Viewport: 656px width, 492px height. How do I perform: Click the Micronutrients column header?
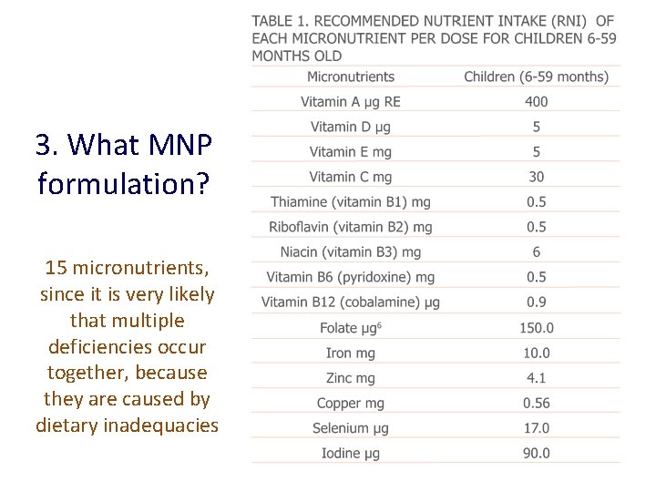click(351, 77)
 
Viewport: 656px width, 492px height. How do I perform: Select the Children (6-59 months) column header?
click(536, 77)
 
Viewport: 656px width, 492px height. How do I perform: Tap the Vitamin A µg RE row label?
click(351, 101)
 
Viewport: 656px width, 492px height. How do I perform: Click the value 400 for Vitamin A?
click(537, 101)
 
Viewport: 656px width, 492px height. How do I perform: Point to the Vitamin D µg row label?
click(351, 127)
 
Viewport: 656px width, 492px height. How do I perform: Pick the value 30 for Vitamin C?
click(537, 177)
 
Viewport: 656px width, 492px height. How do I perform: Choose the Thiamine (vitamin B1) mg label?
click(351, 202)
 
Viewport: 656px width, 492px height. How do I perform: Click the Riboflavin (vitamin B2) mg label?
click(351, 227)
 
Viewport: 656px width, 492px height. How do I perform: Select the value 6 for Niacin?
click(537, 252)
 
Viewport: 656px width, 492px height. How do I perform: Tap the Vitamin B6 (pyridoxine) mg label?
click(351, 277)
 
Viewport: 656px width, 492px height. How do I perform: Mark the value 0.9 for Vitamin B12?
click(537, 302)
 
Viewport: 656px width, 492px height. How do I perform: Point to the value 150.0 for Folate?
click(537, 328)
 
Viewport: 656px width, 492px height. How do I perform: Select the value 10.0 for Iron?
click(537, 353)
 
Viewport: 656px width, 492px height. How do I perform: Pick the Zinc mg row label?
click(351, 378)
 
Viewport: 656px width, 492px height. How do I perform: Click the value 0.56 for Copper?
click(537, 403)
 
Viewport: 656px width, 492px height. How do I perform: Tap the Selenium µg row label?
click(352, 428)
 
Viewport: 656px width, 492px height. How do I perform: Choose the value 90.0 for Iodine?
click(537, 453)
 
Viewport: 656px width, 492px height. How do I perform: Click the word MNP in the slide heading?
click(179, 145)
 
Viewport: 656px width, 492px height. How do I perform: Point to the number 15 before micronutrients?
click(56, 268)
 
